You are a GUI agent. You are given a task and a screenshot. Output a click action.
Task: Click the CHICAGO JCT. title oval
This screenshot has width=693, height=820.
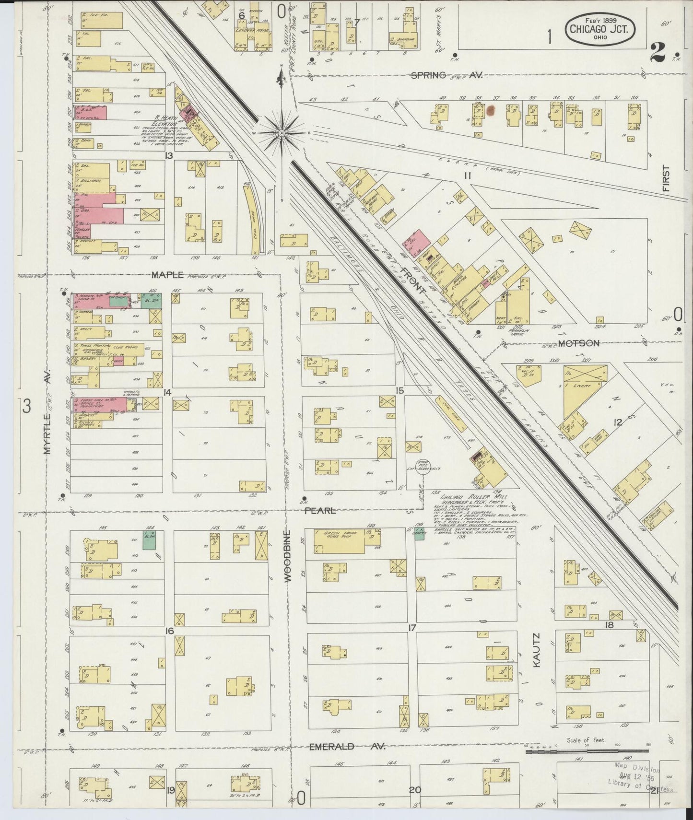(602, 28)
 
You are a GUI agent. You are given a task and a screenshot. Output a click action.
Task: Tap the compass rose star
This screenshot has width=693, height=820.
(282, 132)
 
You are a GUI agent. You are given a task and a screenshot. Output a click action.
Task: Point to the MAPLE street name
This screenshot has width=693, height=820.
(168, 275)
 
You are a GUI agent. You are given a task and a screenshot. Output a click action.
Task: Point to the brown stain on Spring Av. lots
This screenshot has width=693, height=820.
(490, 111)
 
